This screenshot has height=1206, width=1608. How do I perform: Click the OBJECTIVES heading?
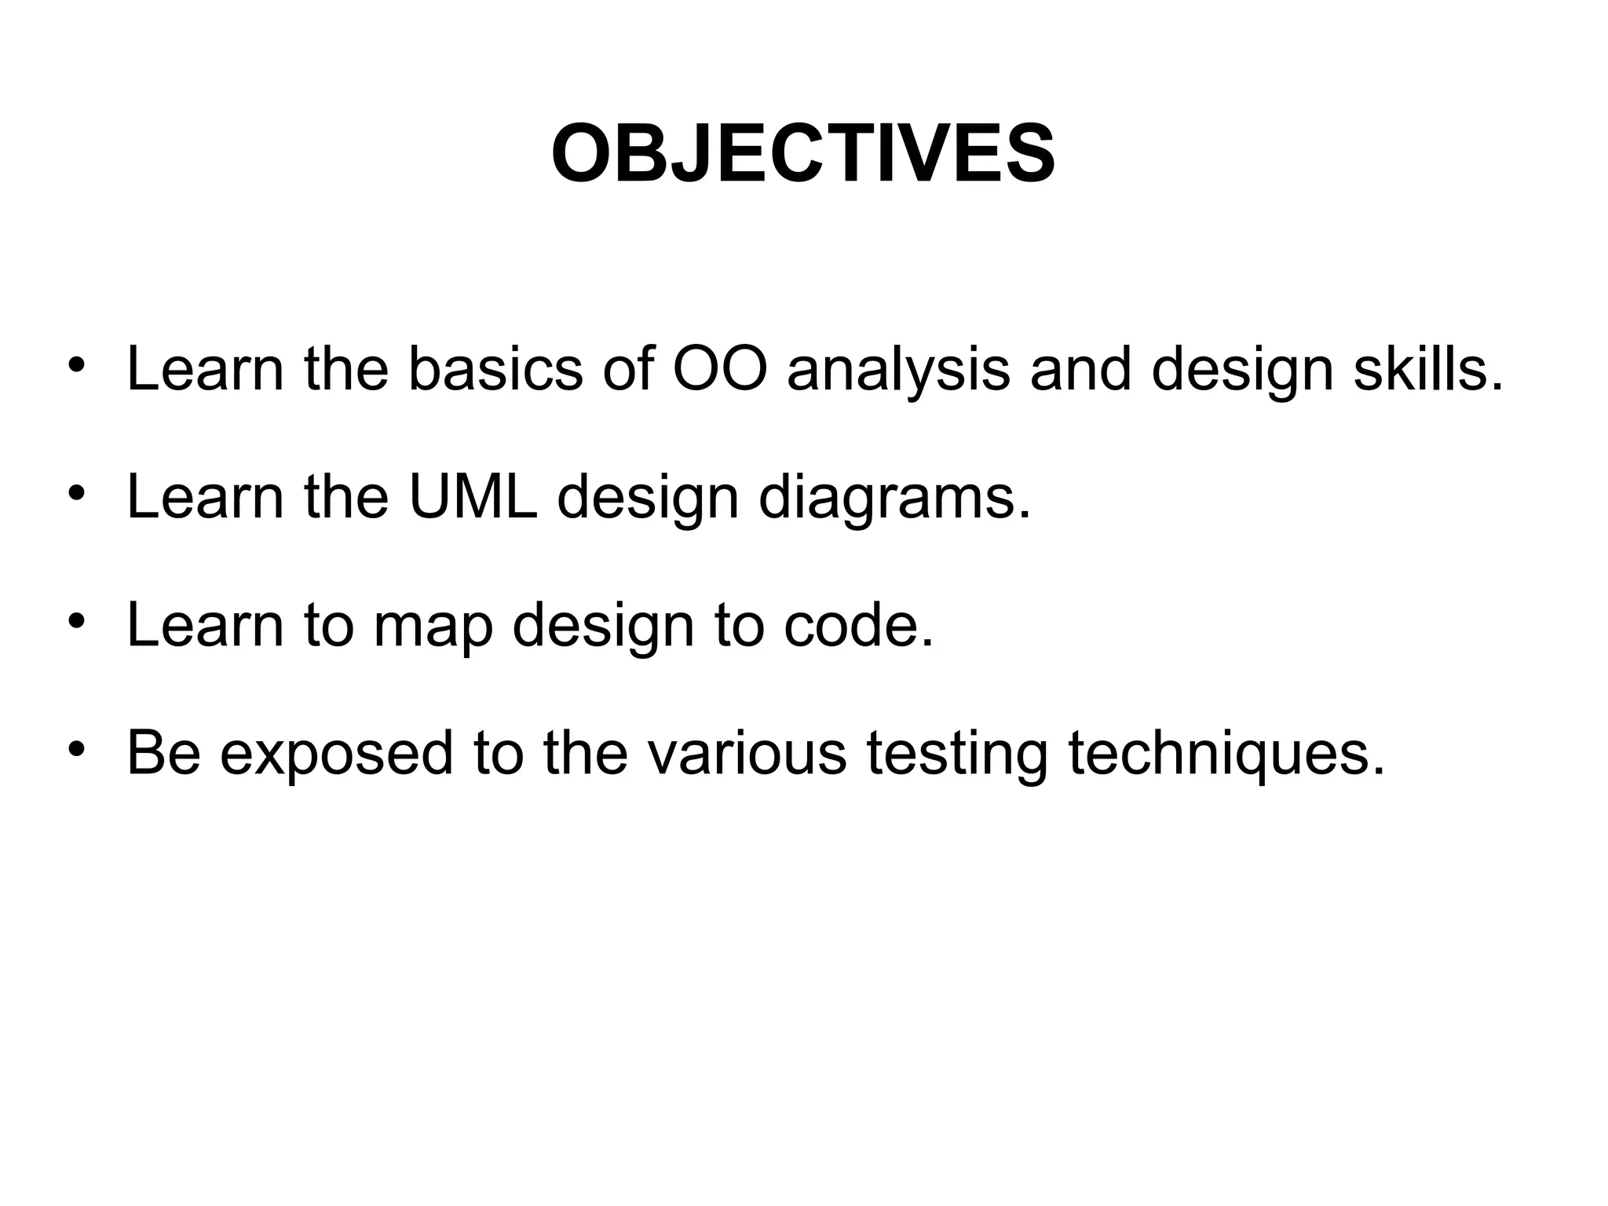pos(803,155)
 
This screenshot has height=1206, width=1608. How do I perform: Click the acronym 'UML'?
pos(473,496)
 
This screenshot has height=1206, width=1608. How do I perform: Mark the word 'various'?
pos(747,752)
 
